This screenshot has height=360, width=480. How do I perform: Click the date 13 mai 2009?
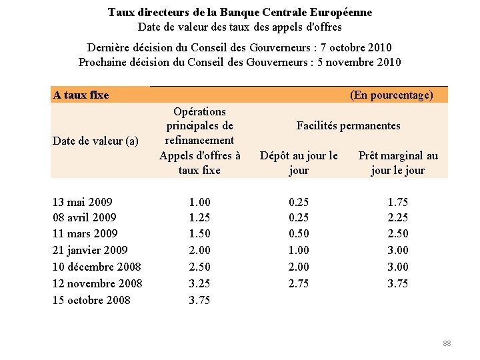coord(82,202)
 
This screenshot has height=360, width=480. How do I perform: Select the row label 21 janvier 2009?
coord(89,250)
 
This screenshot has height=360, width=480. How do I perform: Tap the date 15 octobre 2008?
coord(91,300)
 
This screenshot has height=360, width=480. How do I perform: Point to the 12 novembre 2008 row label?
coord(97,283)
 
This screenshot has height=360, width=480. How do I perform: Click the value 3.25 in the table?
coord(199,283)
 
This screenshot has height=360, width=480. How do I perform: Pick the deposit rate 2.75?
coord(298,283)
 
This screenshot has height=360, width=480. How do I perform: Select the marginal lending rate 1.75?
coord(398,202)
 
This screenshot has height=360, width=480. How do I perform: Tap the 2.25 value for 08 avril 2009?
coord(398,217)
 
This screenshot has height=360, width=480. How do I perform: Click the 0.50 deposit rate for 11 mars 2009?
coord(298,233)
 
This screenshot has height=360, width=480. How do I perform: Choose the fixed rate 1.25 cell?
coord(199,217)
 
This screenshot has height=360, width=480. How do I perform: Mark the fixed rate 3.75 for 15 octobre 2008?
coord(199,300)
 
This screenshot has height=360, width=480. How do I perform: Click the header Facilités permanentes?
coord(348,125)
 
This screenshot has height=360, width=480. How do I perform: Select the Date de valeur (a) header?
coord(95,141)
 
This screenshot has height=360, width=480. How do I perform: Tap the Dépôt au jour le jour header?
coord(299,163)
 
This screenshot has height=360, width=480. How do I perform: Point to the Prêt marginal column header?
coord(398,163)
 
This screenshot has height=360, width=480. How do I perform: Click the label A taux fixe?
coord(81,95)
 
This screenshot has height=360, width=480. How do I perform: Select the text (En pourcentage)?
coord(391,95)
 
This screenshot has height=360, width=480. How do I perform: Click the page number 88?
coord(447,343)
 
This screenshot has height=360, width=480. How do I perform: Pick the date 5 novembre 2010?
coord(357,63)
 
